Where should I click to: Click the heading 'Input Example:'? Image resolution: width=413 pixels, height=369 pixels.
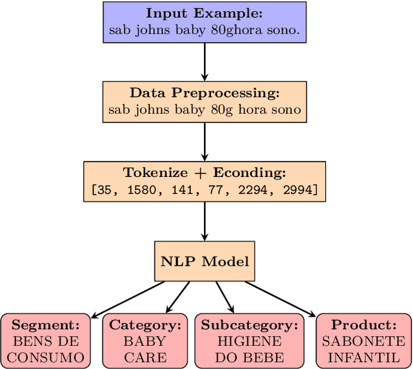coord(205,14)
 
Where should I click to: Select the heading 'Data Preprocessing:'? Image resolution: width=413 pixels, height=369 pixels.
coord(205,93)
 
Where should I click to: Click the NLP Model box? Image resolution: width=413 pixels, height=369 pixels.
coord(205,261)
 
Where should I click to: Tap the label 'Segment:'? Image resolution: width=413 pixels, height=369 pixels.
coord(45,325)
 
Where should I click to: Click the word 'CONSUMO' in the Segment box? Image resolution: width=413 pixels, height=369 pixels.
coord(45,357)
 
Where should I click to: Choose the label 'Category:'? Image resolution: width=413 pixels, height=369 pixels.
coord(145,325)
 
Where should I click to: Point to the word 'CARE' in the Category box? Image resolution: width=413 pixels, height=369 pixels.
coord(145,357)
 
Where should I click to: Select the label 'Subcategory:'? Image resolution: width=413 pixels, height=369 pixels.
coord(249,325)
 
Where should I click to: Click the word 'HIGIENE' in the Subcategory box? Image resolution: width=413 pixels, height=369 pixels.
coord(249,341)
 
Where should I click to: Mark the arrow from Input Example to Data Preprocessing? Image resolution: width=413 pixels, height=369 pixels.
coord(205,62)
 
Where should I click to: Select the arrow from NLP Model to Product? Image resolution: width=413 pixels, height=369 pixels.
coord(281,298)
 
